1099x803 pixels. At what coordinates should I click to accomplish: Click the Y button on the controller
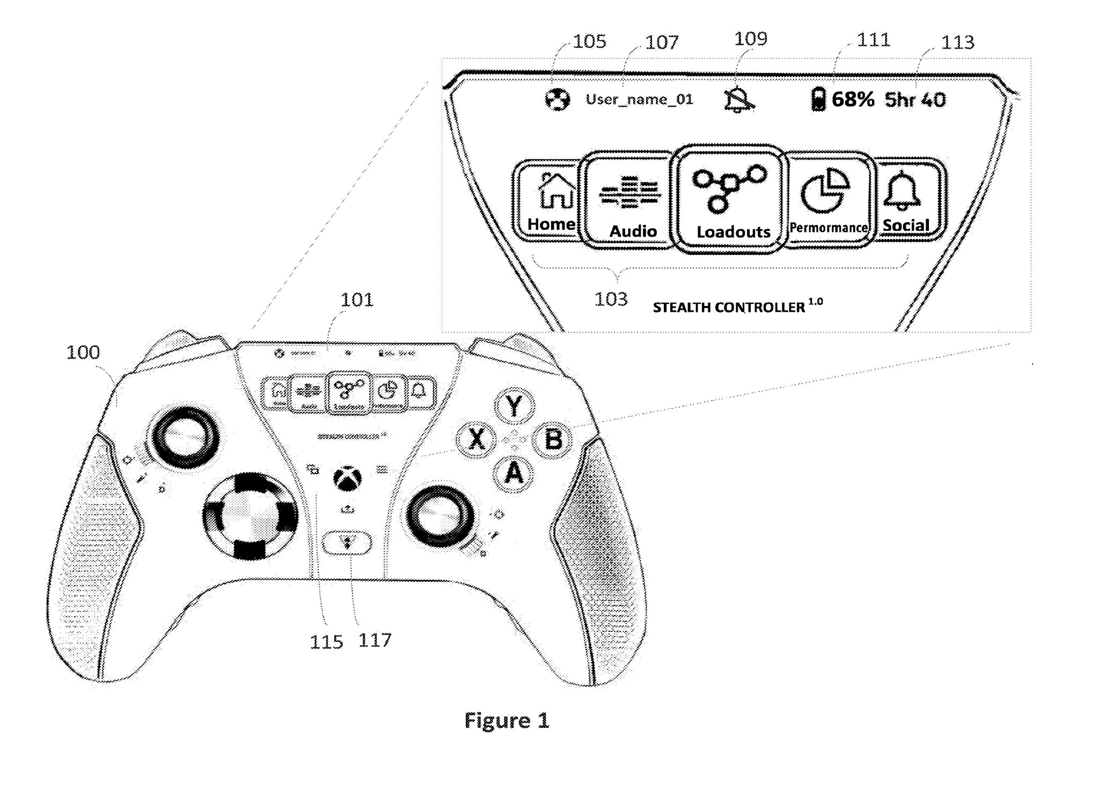[x=514, y=406]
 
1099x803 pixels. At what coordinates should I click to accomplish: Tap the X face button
[x=476, y=440]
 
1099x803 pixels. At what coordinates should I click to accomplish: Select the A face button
[x=514, y=473]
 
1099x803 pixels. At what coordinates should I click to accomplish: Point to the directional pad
[x=250, y=515]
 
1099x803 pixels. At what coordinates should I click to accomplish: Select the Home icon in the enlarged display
[x=551, y=201]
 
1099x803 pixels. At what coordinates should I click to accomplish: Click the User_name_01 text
[x=639, y=100]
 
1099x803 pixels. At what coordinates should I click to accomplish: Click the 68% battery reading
[x=853, y=100]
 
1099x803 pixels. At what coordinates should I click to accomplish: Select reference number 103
[x=611, y=299]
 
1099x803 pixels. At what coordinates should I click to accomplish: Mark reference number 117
[x=375, y=640]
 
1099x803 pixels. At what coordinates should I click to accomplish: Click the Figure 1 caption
[x=507, y=720]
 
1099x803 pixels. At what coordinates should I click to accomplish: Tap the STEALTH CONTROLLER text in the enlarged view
[x=729, y=308]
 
